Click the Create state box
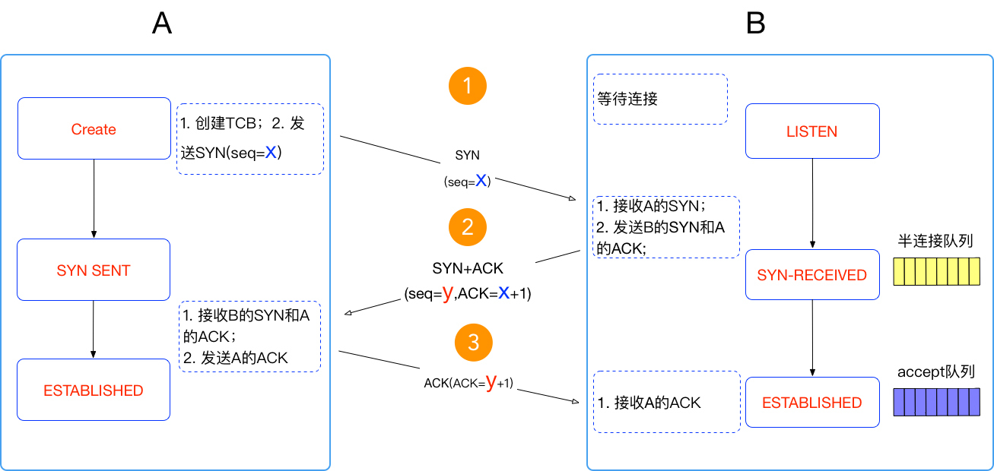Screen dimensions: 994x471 pos(94,128)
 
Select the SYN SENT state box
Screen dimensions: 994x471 pos(94,270)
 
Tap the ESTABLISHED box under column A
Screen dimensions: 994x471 pos(94,390)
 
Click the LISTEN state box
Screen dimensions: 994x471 pos(812,131)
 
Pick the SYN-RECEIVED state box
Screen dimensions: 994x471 pos(812,275)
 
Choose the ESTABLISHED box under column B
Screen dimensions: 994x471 pos(812,403)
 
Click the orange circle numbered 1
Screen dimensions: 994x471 pos(467,86)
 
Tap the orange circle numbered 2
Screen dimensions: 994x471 pos(467,227)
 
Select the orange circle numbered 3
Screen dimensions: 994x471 pos(474,343)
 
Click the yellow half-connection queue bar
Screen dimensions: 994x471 pos(936,272)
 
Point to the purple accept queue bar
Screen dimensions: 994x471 pos(936,402)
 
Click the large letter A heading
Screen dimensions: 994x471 pos(162,23)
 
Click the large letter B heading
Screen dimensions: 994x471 pos(756,23)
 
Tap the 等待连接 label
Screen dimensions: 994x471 pos(627,99)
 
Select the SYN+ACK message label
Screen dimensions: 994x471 pos(468,268)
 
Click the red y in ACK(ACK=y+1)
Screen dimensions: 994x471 pos(491,382)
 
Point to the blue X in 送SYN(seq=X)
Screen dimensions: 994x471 pos(271,153)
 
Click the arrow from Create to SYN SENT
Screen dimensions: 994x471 pos(94,198)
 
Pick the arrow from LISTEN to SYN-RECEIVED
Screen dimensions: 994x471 pos(812,204)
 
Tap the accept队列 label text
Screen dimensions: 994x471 pos(936,371)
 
